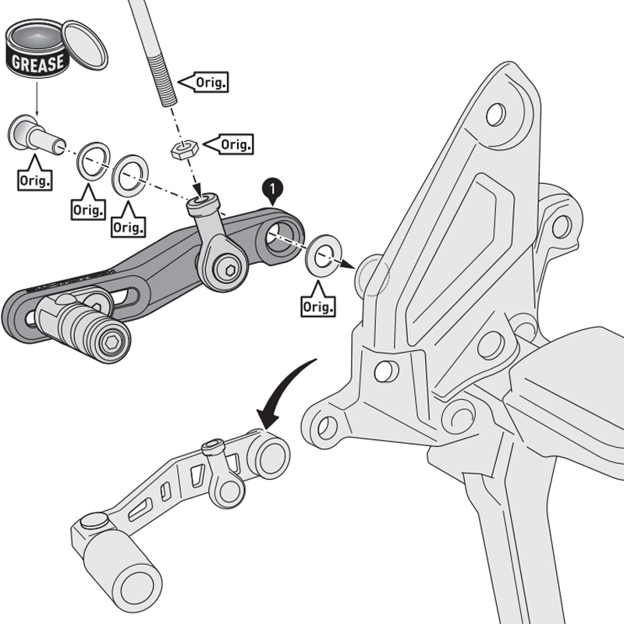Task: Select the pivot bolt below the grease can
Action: click(x=35, y=134)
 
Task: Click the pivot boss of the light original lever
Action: click(x=270, y=456)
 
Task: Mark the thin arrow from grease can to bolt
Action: click(x=35, y=99)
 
